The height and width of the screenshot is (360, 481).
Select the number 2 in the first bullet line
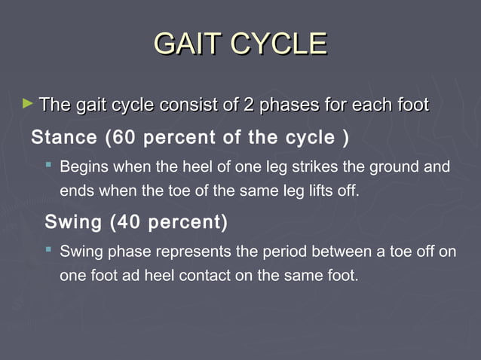point(248,105)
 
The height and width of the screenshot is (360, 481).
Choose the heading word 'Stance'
point(63,138)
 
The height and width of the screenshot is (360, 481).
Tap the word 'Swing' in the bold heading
point(73,223)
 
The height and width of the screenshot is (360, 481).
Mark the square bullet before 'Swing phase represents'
point(49,249)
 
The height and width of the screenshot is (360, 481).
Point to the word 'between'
point(323,252)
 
